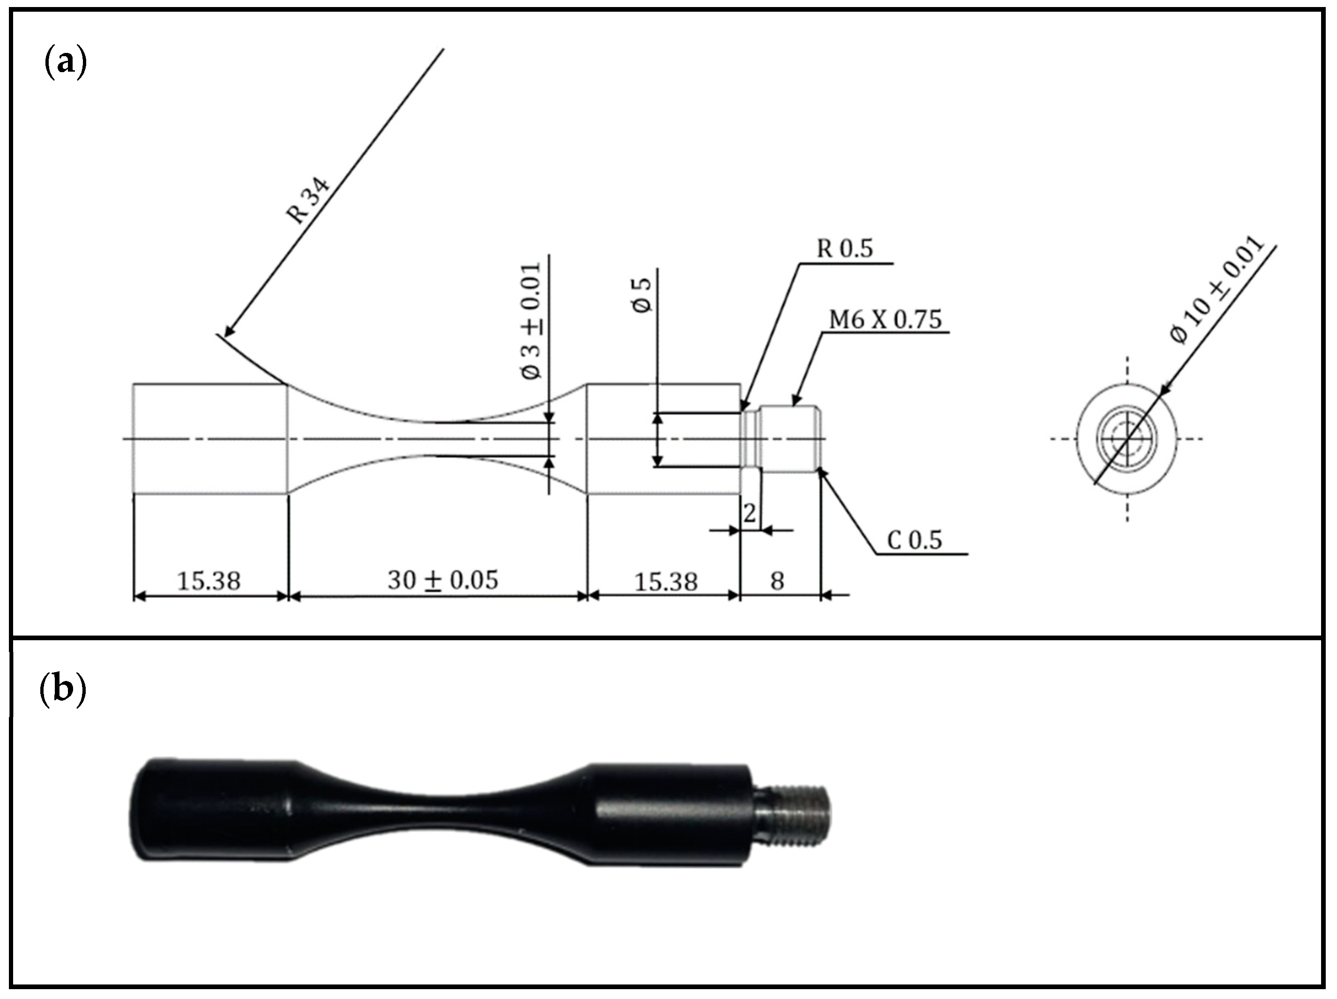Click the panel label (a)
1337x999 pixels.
click(65, 63)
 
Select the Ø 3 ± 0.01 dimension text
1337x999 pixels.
click(532, 321)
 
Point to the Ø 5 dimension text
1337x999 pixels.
click(643, 295)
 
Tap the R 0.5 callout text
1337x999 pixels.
click(844, 248)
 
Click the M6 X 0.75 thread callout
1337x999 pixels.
click(885, 319)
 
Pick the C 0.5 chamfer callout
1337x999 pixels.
click(914, 540)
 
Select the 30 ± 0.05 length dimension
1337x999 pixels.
click(442, 580)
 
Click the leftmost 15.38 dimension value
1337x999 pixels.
click(208, 581)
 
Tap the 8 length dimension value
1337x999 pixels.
click(777, 581)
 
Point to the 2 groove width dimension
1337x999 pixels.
click(750, 513)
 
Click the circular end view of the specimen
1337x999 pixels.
click(1127, 439)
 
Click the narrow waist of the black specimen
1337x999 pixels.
click(444, 810)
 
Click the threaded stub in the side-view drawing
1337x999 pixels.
click(789, 439)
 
